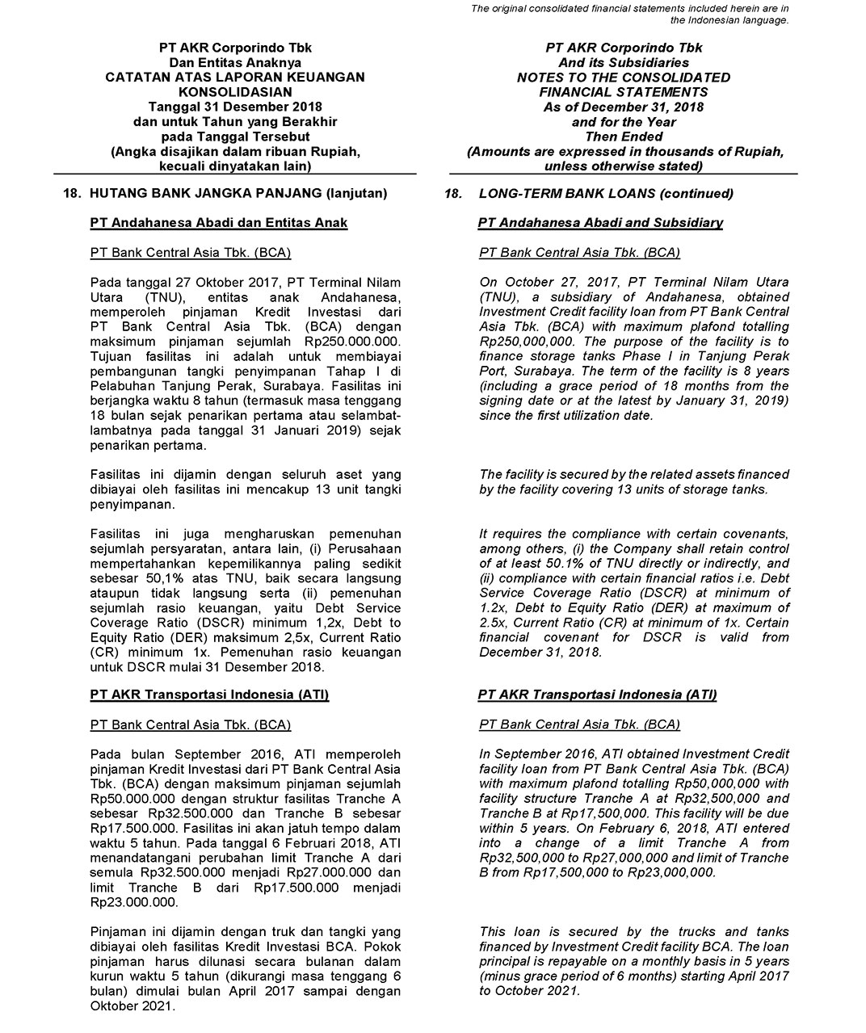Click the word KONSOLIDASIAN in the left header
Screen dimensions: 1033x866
pyautogui.click(x=235, y=92)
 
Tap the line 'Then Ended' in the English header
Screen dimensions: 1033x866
pyautogui.click(x=623, y=136)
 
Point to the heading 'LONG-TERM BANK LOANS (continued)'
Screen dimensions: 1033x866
pyautogui.click(x=606, y=194)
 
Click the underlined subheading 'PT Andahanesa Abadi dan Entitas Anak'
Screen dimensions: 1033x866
pyautogui.click(x=219, y=223)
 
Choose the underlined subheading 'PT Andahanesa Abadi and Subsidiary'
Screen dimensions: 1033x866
pyautogui.click(x=600, y=223)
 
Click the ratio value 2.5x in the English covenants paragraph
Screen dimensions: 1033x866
pyautogui.click(x=494, y=623)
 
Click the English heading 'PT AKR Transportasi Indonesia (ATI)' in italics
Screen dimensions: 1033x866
pyautogui.click(x=597, y=695)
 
